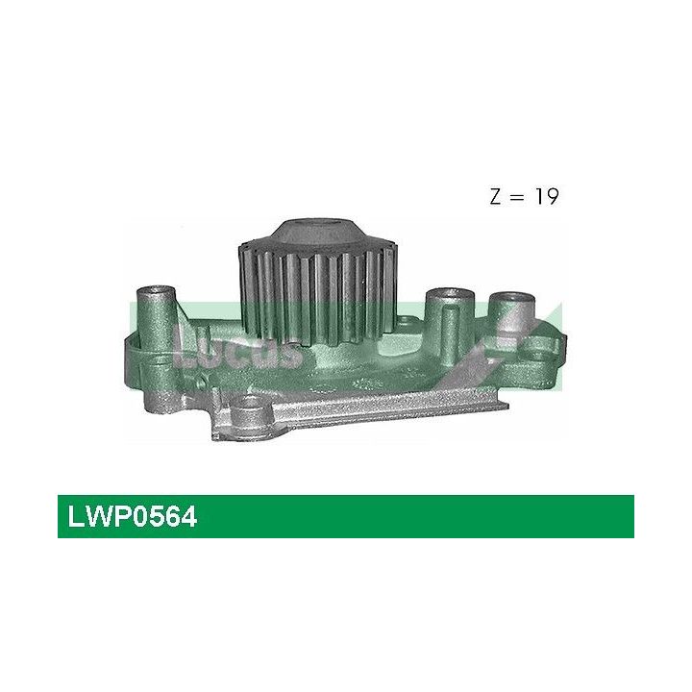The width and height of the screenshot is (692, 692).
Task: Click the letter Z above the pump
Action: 496,198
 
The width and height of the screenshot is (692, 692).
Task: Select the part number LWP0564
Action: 133,518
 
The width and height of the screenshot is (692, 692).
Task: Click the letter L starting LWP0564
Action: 75,518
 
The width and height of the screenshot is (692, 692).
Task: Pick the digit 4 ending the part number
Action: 189,518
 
